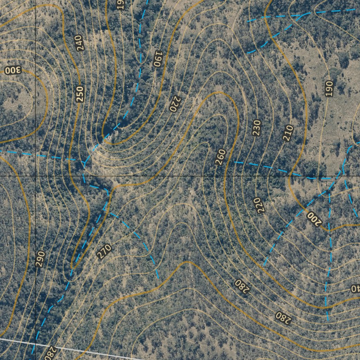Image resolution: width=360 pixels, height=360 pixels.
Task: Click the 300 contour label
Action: pyautogui.click(x=13, y=70)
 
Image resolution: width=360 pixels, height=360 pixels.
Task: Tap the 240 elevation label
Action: pyautogui.click(x=80, y=44)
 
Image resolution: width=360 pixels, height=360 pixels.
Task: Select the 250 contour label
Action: pyautogui.click(x=80, y=94)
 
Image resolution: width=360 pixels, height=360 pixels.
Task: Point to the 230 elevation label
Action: pyautogui.click(x=257, y=128)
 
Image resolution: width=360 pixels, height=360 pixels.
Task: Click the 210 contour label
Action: pyautogui.click(x=288, y=133)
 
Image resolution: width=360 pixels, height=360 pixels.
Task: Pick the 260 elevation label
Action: pyautogui.click(x=220, y=157)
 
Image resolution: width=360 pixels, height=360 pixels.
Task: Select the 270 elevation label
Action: pyautogui.click(x=104, y=251)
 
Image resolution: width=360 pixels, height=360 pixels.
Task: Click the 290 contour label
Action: pyautogui.click(x=40, y=259)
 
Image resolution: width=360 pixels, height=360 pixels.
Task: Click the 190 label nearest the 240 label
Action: pyautogui.click(x=121, y=5)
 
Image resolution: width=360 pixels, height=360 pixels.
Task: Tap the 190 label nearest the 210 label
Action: pyautogui.click(x=329, y=88)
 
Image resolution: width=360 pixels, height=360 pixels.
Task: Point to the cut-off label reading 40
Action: pyautogui.click(x=355, y=289)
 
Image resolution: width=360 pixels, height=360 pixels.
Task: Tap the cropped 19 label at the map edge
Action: pyautogui.click(x=121, y=5)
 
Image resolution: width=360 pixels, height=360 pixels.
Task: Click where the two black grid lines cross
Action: pyautogui.click(x=36, y=175)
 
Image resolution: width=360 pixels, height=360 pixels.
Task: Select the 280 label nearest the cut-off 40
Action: pyautogui.click(x=283, y=317)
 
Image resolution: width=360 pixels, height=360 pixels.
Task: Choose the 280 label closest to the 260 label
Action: pyautogui.click(x=242, y=287)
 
